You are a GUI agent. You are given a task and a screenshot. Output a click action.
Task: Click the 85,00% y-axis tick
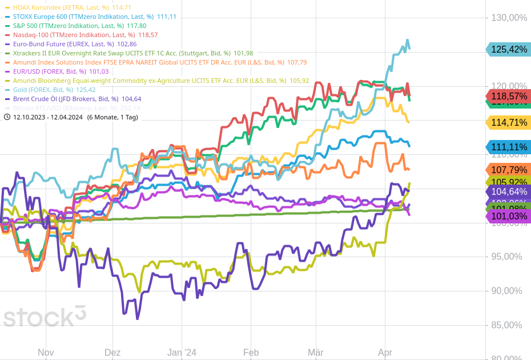[x=506, y=325]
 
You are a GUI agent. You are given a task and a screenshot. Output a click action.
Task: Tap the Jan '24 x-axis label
[x=182, y=353]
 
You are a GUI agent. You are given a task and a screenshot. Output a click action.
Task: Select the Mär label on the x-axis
[x=316, y=353]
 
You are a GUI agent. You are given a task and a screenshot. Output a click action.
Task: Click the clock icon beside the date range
[x=7, y=117]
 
